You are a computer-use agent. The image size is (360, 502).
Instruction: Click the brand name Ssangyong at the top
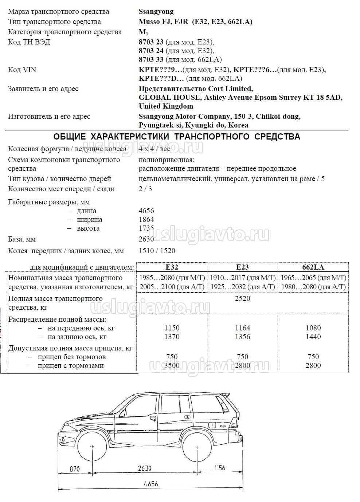(x=156, y=12)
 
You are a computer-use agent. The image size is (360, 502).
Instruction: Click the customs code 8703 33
(x=151, y=59)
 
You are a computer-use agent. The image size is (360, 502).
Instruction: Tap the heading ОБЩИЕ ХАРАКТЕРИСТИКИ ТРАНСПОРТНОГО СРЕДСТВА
(x=177, y=137)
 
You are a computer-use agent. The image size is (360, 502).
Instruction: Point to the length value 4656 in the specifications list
(x=146, y=211)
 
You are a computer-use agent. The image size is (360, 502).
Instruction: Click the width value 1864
(x=146, y=220)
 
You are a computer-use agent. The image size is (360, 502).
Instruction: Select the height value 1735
(x=146, y=228)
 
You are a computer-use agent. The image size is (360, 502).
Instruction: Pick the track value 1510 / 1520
(x=157, y=251)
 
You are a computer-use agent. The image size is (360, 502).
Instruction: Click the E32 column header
(x=172, y=267)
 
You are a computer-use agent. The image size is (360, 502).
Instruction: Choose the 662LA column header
(x=313, y=267)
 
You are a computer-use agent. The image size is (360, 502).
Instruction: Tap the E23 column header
(x=242, y=267)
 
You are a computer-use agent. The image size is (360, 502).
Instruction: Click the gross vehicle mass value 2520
(x=242, y=299)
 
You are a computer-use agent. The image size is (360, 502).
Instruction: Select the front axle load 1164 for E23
(x=242, y=328)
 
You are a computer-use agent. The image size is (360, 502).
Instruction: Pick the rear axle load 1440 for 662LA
(x=313, y=337)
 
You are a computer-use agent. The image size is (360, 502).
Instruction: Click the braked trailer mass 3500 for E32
(x=172, y=366)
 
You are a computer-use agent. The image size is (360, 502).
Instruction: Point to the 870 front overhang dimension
(x=74, y=469)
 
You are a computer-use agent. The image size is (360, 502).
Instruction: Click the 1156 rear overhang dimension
(x=219, y=468)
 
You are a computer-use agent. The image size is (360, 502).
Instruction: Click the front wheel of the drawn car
(x=93, y=447)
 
